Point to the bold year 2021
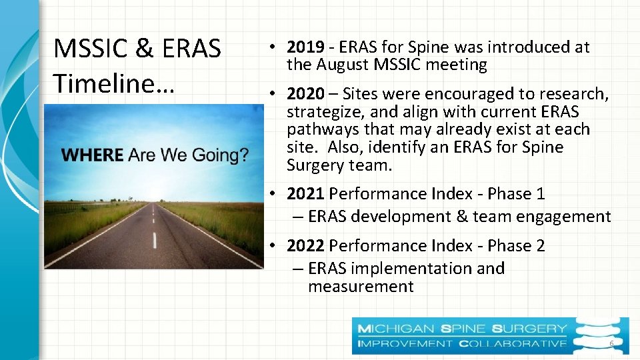pyautogui.click(x=305, y=194)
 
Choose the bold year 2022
pyautogui.click(x=305, y=246)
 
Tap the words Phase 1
pyautogui.click(x=516, y=194)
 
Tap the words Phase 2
pyautogui.click(x=516, y=246)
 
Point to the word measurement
pyautogui.click(x=361, y=287)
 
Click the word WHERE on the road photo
pyautogui.click(x=92, y=155)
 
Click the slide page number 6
pyautogui.click(x=611, y=343)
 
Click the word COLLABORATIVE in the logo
pyautogui.click(x=512, y=343)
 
